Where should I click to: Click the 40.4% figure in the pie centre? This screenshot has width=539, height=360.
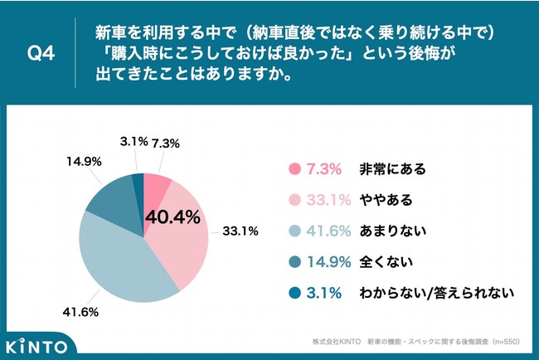coord(173,217)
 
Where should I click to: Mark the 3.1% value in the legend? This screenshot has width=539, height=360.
coord(324,292)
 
